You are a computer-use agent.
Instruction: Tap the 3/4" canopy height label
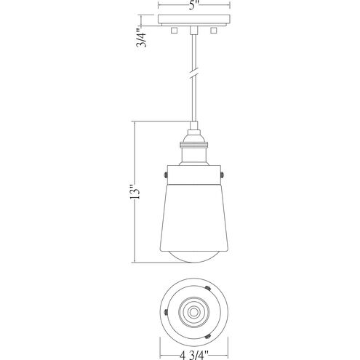click(141, 38)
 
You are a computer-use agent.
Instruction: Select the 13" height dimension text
click(135, 193)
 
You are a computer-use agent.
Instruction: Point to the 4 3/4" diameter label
click(194, 356)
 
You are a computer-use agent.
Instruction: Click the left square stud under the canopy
click(174, 31)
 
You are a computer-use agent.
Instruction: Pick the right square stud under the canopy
click(213, 31)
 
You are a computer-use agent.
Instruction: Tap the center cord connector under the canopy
click(193, 30)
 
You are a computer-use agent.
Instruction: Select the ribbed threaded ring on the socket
click(193, 145)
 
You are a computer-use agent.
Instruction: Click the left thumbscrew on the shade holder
click(165, 175)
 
